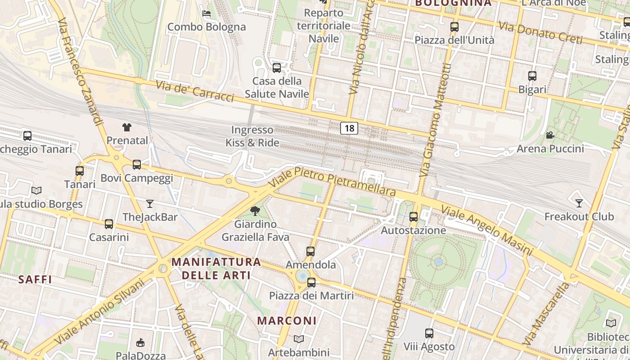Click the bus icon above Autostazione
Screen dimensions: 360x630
click(x=414, y=217)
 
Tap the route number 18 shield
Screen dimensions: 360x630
click(x=349, y=128)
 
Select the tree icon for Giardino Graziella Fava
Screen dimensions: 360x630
click(x=255, y=211)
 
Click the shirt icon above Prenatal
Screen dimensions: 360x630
click(x=126, y=127)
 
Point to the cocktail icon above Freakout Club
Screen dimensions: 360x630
click(x=579, y=203)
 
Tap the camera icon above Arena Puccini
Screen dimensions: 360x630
click(x=550, y=135)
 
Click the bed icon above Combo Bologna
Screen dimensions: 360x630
click(x=207, y=13)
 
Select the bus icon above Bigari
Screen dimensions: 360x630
click(x=532, y=76)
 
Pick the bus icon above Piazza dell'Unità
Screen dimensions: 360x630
click(x=454, y=27)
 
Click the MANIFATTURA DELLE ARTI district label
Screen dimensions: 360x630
click(x=216, y=268)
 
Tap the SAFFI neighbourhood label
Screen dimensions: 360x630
click(x=35, y=279)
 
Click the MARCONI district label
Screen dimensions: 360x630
click(x=287, y=321)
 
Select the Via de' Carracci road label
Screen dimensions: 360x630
click(x=194, y=91)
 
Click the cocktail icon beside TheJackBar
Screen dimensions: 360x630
click(x=150, y=204)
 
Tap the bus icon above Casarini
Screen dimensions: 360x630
click(x=109, y=224)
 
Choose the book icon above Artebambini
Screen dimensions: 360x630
click(x=299, y=339)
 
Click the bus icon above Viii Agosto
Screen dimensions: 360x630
click(x=429, y=333)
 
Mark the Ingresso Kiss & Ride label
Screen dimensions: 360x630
click(x=252, y=136)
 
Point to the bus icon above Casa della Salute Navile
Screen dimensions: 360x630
click(x=277, y=68)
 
